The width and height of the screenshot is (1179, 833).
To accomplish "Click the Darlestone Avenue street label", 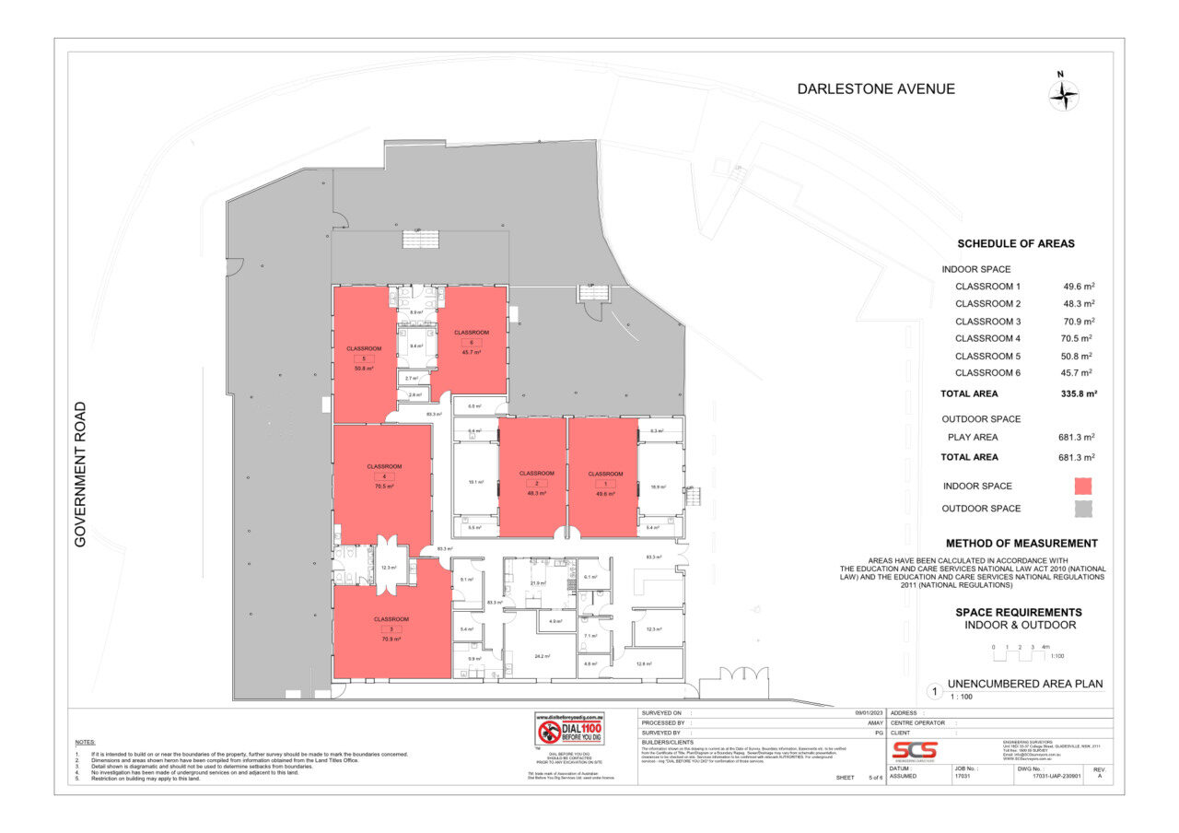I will coord(875,89).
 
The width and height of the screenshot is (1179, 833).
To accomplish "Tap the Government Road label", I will coord(80,474).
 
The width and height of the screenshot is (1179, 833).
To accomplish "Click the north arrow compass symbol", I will coord(1064,94).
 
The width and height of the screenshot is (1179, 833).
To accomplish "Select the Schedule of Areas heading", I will coord(1015,244).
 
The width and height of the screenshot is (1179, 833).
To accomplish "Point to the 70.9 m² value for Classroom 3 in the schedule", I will coord(1078,322).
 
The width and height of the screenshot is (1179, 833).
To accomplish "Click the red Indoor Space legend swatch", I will coord(1082,486).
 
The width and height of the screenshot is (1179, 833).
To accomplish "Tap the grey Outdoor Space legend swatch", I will coord(1082,508).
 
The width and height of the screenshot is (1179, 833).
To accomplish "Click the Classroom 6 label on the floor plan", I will coord(471,332).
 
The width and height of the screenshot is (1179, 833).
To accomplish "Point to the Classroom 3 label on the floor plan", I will coord(391,619).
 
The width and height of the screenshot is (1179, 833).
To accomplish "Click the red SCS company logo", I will coord(913,751).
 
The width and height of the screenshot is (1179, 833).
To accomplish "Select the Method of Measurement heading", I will coord(1021,544).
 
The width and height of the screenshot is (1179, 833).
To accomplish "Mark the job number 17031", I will coord(963,777).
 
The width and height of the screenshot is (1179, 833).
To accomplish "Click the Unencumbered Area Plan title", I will coord(1025,684).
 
